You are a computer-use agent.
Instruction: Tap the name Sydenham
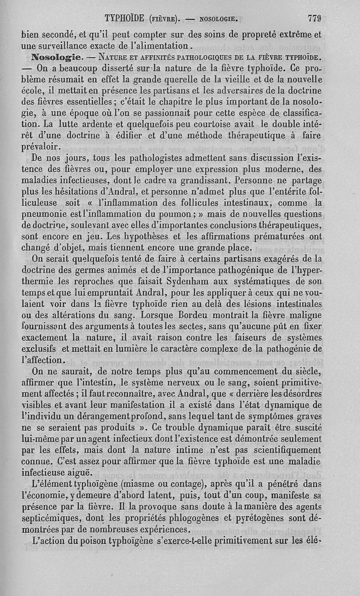[x=212, y=281]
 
